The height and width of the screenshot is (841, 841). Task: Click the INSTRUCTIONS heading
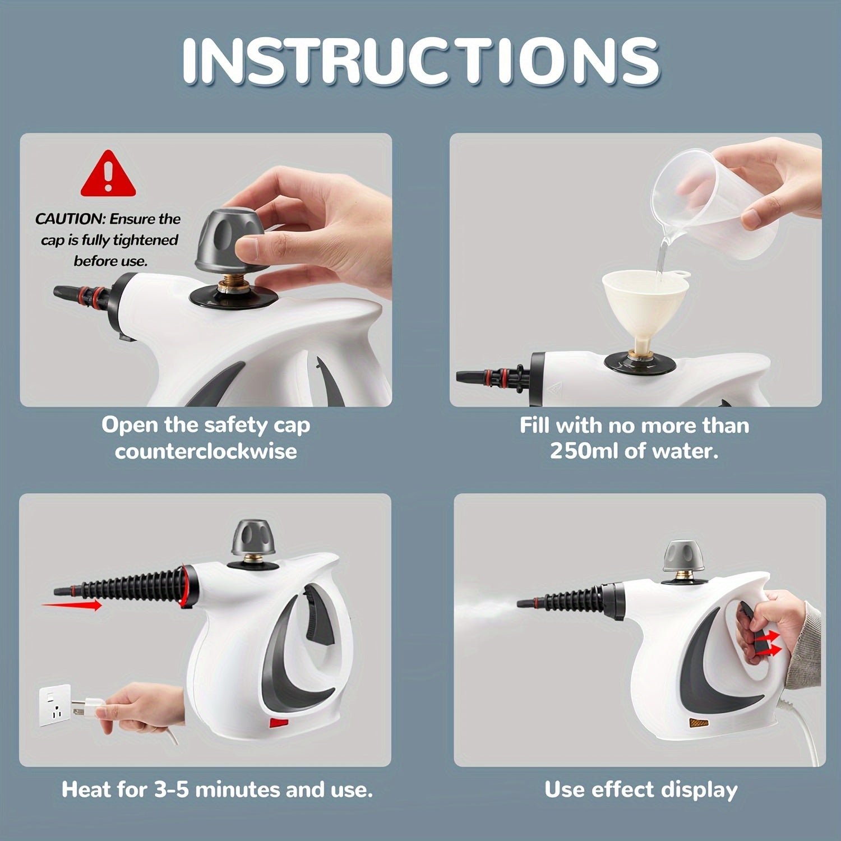(420, 62)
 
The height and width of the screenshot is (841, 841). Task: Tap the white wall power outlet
(54, 705)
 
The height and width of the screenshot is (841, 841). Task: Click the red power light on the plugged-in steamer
(278, 723)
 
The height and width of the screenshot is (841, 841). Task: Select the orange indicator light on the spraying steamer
(699, 723)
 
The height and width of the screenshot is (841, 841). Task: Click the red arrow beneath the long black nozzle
(72, 605)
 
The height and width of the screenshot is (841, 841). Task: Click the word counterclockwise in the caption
(206, 451)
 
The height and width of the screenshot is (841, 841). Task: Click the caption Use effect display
(641, 789)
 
